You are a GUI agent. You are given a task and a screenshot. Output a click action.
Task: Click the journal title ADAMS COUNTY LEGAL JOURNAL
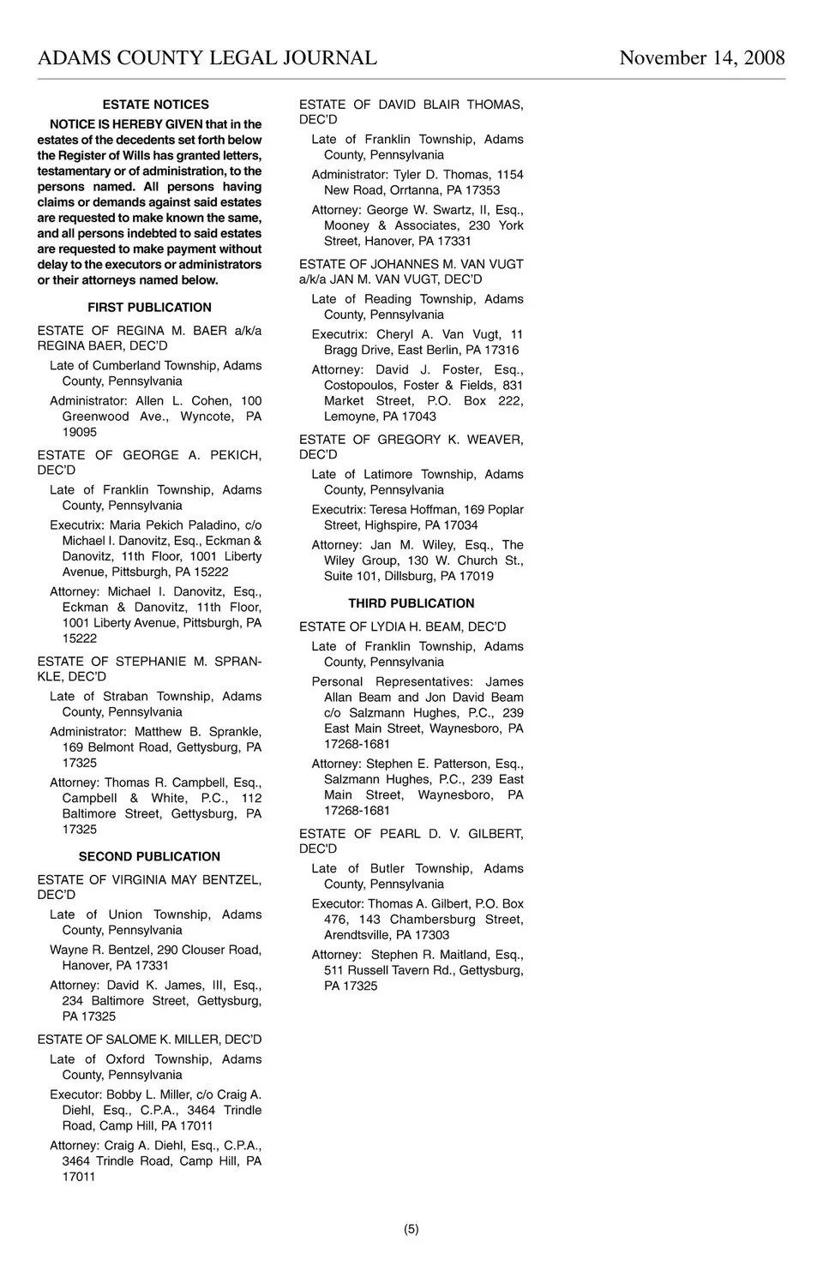click(207, 57)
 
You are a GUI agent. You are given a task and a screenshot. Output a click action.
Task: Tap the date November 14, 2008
click(701, 57)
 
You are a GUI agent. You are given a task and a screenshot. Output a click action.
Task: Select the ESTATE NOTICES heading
click(155, 105)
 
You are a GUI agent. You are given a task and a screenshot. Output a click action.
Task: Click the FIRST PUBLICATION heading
click(149, 307)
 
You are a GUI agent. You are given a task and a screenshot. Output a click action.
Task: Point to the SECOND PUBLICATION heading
click(149, 856)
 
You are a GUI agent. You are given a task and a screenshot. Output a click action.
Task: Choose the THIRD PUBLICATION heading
click(411, 603)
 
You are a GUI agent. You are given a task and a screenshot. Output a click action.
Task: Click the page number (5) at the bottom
click(411, 1228)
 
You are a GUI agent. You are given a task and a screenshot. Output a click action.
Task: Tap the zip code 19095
click(79, 432)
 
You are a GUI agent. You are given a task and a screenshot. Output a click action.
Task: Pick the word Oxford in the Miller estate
click(124, 1059)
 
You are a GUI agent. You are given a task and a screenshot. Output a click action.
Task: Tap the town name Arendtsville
click(357, 935)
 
